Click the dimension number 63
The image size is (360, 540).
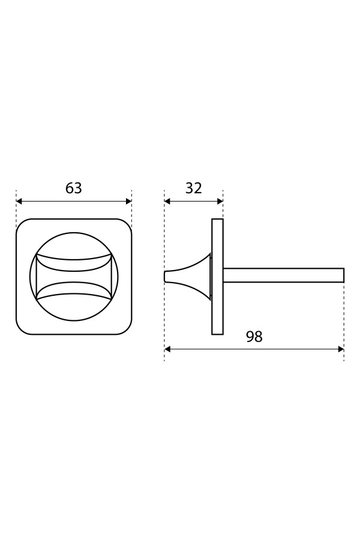74,188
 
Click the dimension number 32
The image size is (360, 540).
194,188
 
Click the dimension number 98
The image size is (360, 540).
254,337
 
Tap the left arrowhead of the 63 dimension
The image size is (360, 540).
19,202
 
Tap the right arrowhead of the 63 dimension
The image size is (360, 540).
129,202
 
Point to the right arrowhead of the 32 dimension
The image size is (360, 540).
220,202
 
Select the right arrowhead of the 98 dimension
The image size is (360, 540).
341,349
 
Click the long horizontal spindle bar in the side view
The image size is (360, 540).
284,275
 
